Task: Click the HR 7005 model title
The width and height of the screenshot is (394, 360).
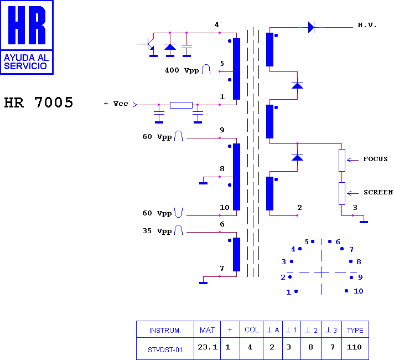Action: pos(38,102)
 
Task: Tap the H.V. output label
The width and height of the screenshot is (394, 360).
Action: pos(367,25)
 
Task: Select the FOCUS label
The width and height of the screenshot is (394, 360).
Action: pos(375,159)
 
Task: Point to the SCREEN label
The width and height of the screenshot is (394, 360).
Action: pos(378,192)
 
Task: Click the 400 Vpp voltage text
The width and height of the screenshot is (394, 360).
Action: pos(182,70)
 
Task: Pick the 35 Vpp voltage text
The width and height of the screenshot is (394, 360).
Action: pos(157,231)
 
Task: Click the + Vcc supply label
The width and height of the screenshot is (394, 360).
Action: pos(116,104)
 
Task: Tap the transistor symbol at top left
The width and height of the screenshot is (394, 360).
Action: pos(150,44)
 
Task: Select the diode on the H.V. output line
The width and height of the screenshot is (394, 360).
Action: pos(312,27)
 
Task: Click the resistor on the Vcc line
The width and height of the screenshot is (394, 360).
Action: pos(181,105)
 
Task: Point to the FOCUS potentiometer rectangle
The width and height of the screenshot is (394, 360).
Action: pos(342,160)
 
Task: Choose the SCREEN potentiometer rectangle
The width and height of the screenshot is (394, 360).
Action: pos(342,193)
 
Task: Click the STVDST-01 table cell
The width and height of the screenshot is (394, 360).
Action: pos(165,349)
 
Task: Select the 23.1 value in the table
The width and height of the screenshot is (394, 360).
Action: pos(208,347)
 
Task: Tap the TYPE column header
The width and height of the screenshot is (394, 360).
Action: pos(355,330)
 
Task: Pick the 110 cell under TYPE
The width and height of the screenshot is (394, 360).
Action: pos(354,347)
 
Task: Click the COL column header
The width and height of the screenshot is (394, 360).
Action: pos(252,330)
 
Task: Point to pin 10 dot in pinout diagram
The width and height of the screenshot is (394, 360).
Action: pos(346,291)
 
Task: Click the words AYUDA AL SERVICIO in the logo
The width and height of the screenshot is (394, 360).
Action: pos(27,62)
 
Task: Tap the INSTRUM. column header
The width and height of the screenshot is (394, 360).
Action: pos(165,330)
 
